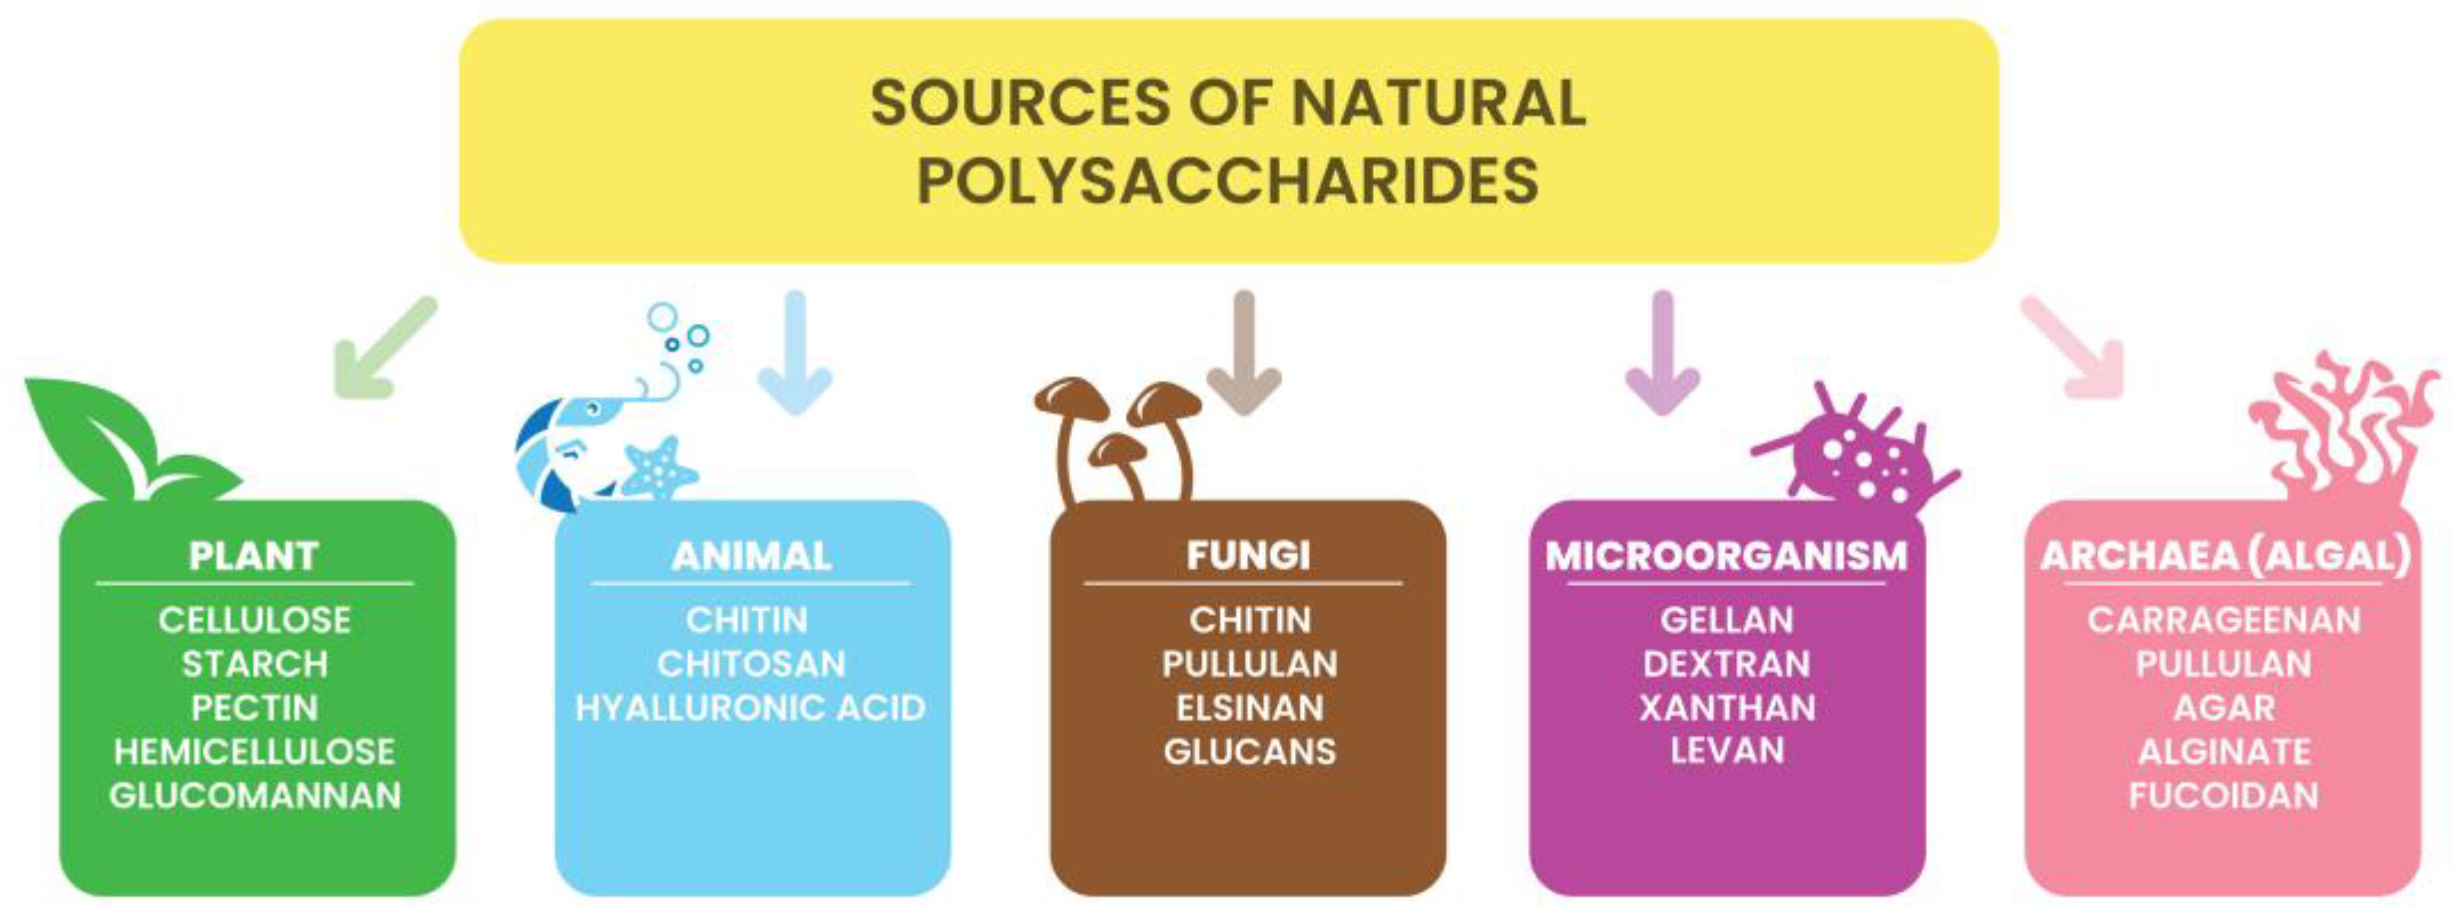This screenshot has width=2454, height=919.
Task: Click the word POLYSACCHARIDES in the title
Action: [x=1227, y=181]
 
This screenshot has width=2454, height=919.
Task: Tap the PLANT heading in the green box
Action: [x=254, y=556]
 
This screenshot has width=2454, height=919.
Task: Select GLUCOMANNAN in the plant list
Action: [x=255, y=795]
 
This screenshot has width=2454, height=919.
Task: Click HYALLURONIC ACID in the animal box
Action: [x=751, y=707]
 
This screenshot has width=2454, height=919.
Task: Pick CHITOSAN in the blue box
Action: [x=751, y=664]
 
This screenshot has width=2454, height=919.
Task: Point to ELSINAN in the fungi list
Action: [x=1249, y=707]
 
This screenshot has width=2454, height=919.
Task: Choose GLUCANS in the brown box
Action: [x=1249, y=751]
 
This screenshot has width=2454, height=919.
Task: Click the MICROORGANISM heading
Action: [x=1726, y=556]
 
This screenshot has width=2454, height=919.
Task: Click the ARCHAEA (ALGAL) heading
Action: [x=2225, y=556]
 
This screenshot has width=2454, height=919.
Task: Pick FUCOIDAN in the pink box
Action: [x=2223, y=795]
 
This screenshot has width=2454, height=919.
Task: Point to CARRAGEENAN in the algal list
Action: [x=2223, y=620]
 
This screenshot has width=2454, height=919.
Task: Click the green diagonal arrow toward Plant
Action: [x=381, y=350]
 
